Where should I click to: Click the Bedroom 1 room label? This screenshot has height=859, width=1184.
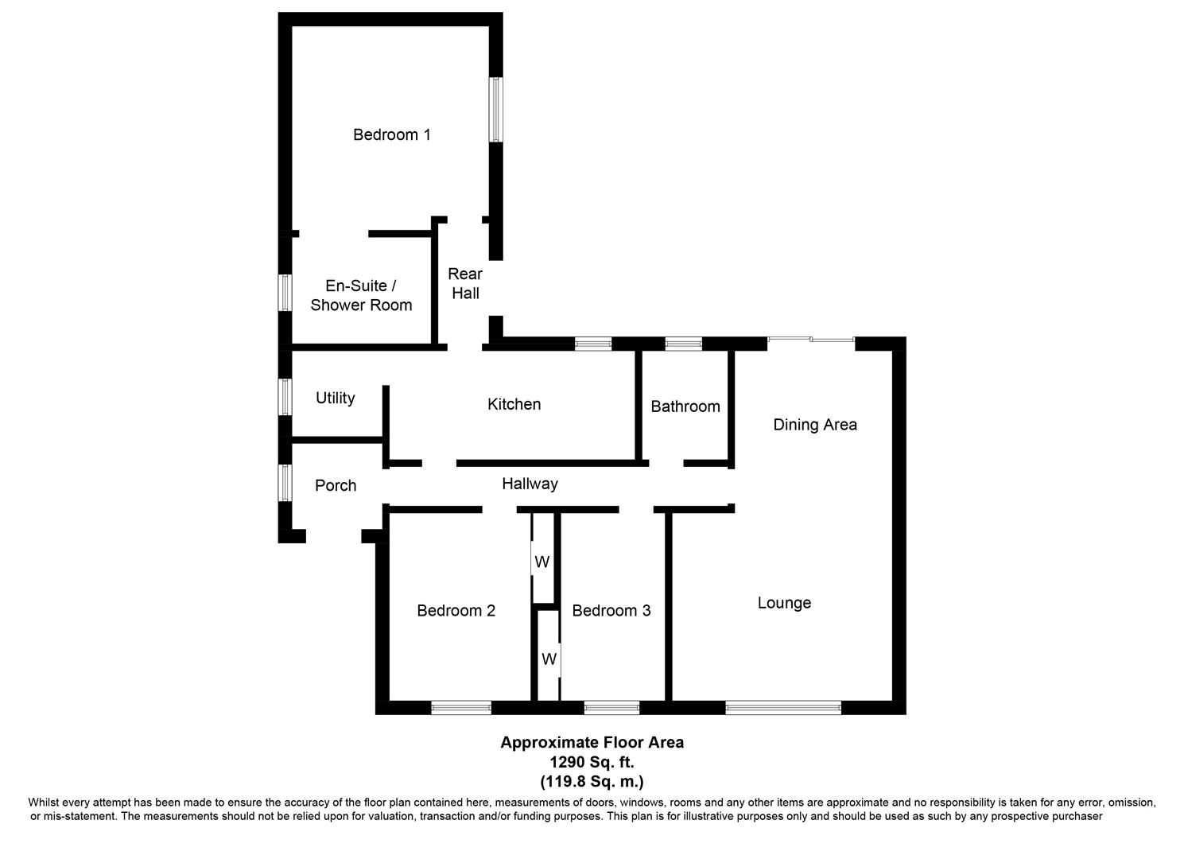click(x=391, y=134)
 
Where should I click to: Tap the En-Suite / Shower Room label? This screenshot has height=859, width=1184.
click(x=361, y=295)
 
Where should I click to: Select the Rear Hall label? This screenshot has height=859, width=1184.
click(x=465, y=283)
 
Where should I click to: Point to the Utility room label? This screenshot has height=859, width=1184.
click(x=335, y=398)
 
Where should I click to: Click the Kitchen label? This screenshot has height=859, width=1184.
click(x=514, y=404)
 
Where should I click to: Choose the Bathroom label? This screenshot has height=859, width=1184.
click(x=685, y=406)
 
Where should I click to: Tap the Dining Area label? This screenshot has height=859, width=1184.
click(x=815, y=425)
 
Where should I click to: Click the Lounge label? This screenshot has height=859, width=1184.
click(x=784, y=603)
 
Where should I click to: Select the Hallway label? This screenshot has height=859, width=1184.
click(x=530, y=484)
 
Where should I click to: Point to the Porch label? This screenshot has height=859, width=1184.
click(x=336, y=485)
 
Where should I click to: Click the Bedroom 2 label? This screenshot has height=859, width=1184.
click(x=456, y=611)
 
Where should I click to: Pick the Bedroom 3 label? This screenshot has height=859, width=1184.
click(x=611, y=611)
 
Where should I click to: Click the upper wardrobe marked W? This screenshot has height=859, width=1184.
click(x=542, y=562)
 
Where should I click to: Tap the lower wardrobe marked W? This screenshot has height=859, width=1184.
click(x=549, y=659)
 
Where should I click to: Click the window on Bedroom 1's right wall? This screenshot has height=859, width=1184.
click(x=495, y=109)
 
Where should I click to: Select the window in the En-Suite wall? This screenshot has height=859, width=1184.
click(x=285, y=292)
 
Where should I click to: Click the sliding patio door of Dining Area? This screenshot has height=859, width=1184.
click(x=810, y=340)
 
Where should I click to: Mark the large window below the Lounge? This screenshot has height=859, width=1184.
click(x=782, y=707)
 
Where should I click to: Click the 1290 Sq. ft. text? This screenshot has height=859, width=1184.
click(x=592, y=762)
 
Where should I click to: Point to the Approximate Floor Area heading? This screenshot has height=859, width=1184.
click(x=592, y=742)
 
